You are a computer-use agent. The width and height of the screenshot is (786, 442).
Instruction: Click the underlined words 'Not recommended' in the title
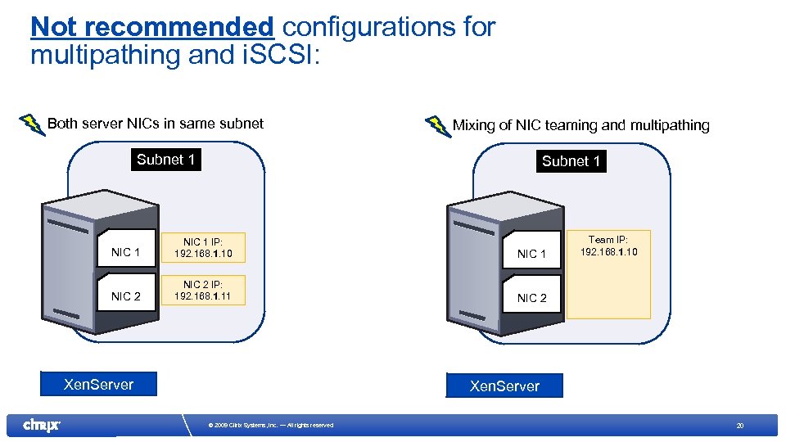point(151,27)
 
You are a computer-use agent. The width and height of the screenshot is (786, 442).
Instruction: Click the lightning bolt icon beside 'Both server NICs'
point(31,124)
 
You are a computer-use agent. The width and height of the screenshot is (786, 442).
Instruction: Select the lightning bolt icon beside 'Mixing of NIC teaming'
point(437,127)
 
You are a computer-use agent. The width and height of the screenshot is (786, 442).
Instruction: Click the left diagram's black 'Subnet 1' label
point(166,160)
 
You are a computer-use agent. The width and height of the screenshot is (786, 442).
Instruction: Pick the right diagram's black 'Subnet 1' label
point(571,161)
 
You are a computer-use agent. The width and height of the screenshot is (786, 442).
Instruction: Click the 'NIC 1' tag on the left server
point(125,252)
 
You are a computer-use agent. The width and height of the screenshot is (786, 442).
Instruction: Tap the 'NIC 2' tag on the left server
point(125,295)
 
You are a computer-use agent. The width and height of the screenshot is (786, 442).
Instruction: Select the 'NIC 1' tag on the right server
point(531,254)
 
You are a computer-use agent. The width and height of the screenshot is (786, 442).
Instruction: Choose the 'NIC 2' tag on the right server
point(531,298)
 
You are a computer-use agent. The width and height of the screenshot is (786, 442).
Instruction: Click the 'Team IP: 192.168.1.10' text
point(608,246)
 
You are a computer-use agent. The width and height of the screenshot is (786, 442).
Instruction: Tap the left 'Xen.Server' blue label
point(98,384)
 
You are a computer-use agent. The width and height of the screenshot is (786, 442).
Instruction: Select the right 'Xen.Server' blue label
point(504,386)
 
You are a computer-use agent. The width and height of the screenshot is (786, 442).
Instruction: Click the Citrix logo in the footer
point(41,425)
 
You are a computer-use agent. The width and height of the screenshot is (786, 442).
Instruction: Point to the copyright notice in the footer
point(270,425)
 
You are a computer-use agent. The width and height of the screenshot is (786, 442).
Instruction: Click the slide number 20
point(739,425)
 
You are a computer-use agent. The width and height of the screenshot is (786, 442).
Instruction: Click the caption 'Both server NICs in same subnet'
point(156,124)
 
